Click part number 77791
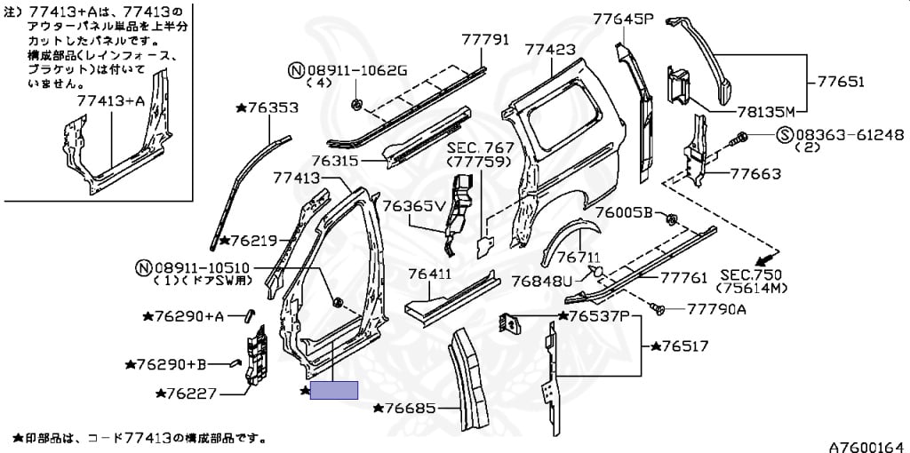[485, 39]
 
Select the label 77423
[551, 50]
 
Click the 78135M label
[764, 111]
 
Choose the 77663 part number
[755, 173]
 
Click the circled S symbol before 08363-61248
[785, 135]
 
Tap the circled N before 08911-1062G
[296, 71]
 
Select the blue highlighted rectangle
[334, 390]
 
